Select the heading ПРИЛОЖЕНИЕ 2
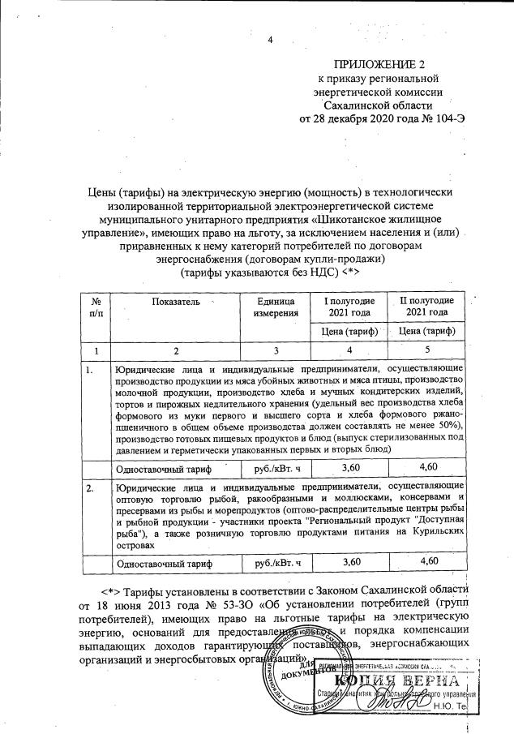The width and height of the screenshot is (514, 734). pyautogui.click(x=390, y=64)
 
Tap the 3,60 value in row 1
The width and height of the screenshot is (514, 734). pyautogui.click(x=350, y=468)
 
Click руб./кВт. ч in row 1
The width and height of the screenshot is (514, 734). pyautogui.click(x=277, y=469)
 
